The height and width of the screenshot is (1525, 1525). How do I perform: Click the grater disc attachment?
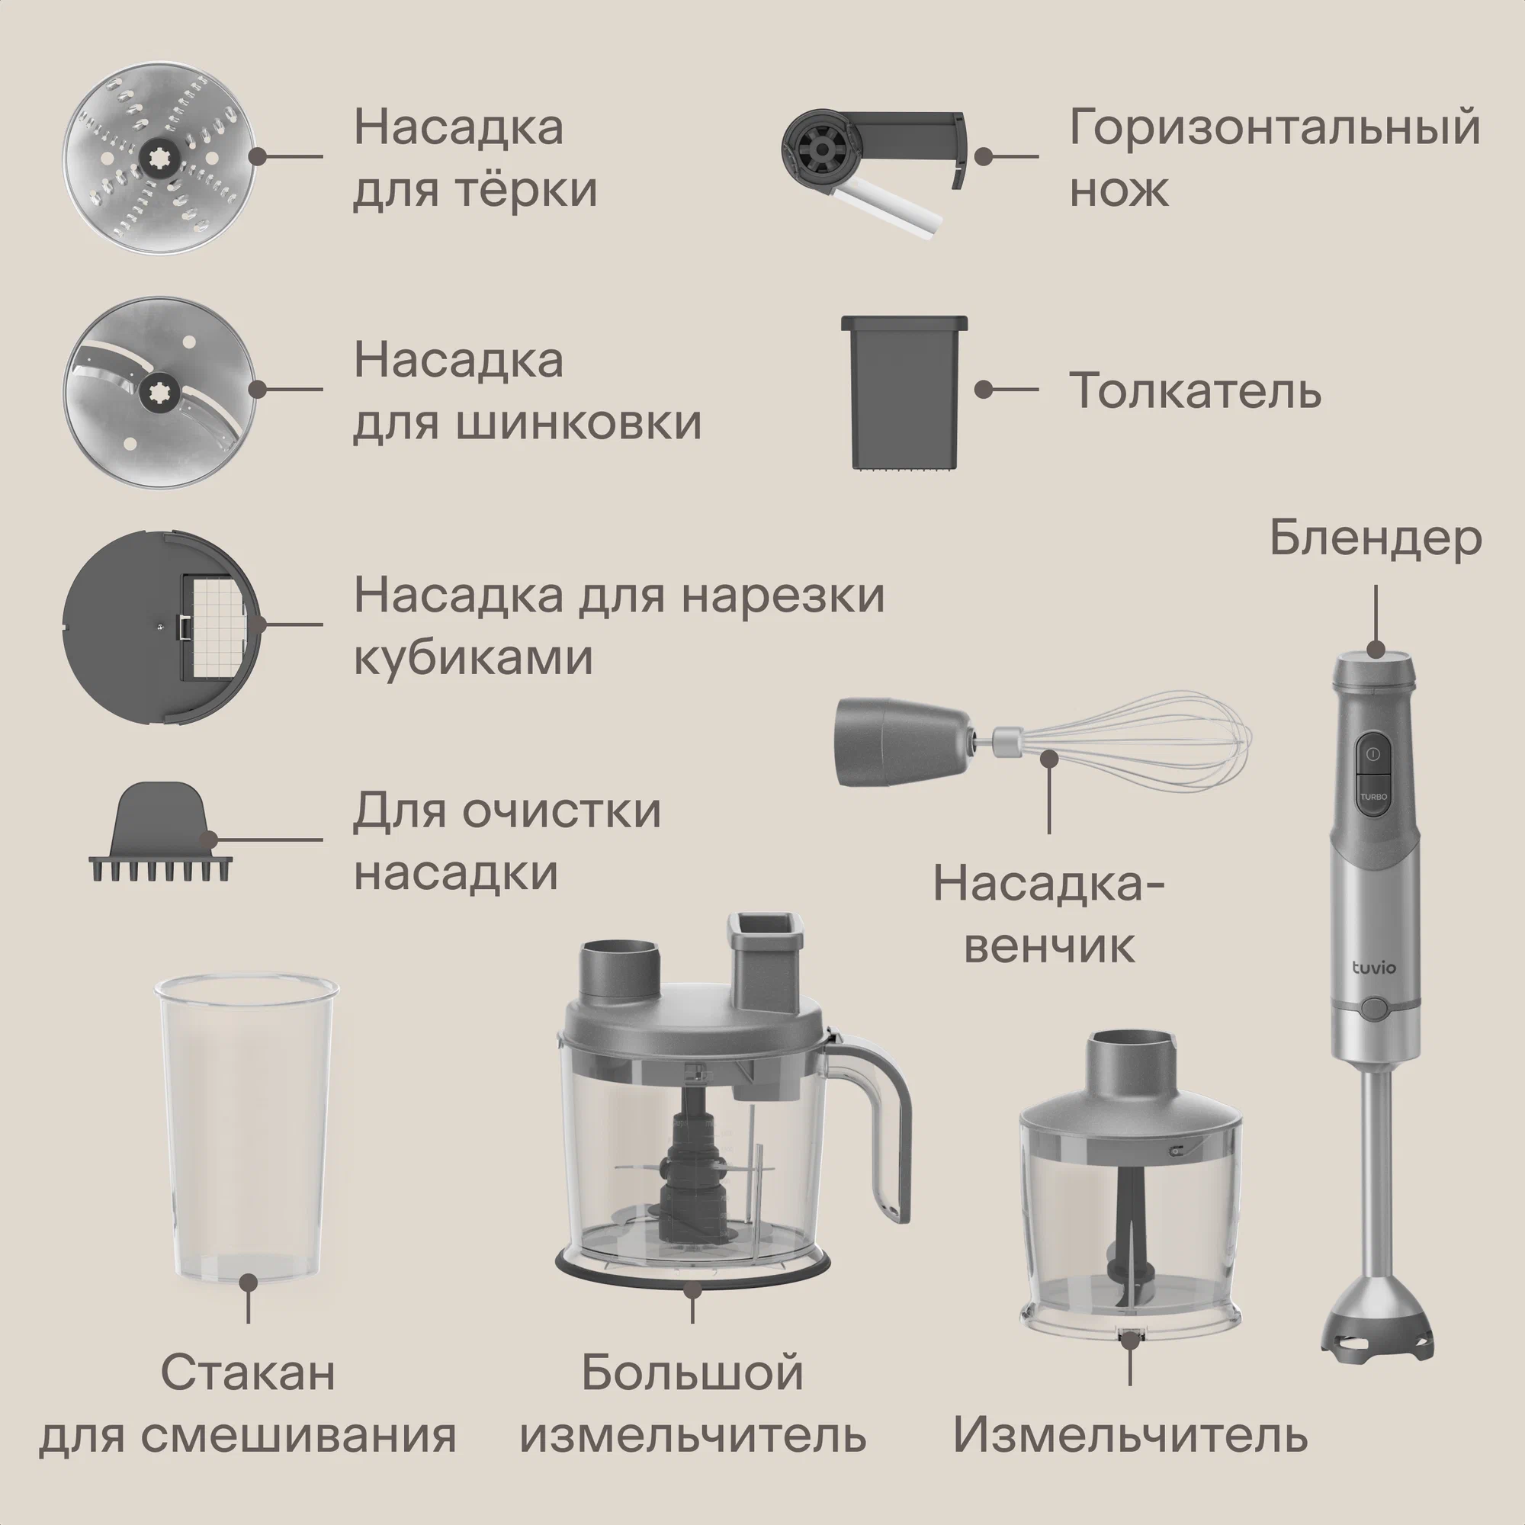pos(161,159)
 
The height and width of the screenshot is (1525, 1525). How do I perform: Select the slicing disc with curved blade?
pos(161,391)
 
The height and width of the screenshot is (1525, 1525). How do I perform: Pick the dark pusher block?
pos(904,394)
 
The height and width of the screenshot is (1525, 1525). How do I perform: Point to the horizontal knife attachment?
pos(874,167)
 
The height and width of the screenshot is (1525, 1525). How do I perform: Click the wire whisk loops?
pos(1137,742)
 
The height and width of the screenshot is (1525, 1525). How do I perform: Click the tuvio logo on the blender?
pos(1374,967)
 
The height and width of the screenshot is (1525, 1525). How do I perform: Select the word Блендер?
pos(1376,540)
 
